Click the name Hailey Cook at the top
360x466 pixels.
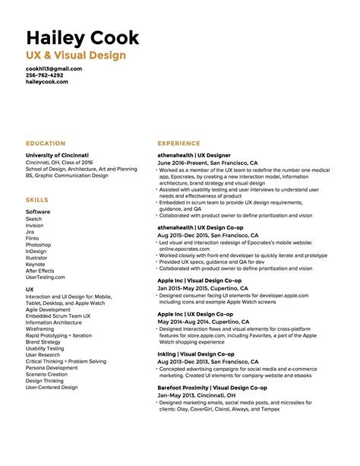point(83,38)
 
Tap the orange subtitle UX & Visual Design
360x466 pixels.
point(76,55)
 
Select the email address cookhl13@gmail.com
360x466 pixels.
point(54,68)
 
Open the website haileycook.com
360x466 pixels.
point(47,82)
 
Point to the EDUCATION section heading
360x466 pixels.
point(46,143)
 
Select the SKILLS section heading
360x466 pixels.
point(37,199)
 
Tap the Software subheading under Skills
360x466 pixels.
point(38,211)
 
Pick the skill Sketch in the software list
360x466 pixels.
point(34,218)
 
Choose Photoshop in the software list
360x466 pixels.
point(38,245)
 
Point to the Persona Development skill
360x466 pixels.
point(52,368)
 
